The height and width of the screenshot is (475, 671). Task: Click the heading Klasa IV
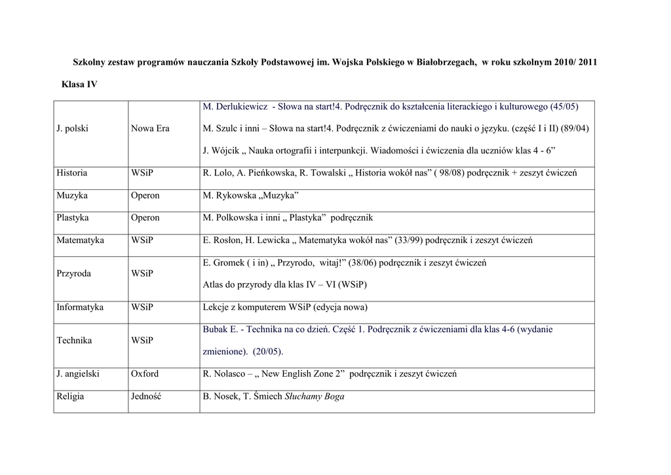[x=79, y=85]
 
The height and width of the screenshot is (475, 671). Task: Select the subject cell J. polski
[x=72, y=128]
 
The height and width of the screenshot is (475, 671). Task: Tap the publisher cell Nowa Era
[x=150, y=128]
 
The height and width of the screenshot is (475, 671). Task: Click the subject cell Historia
[x=71, y=173]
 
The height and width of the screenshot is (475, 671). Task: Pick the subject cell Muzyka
[x=72, y=195]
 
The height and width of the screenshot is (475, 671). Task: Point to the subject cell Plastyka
[x=73, y=218]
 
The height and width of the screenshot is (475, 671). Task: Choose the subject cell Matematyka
[x=80, y=240]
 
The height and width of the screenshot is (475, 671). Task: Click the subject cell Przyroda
[x=73, y=273]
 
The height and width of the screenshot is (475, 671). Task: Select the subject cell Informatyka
[x=80, y=307]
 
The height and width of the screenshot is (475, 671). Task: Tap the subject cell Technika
[x=74, y=340]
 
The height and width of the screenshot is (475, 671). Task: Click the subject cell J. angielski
[x=78, y=374]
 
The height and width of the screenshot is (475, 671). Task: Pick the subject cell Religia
[x=70, y=396]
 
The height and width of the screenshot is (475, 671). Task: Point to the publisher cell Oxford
[x=145, y=374]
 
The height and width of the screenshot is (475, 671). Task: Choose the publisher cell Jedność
[x=146, y=396]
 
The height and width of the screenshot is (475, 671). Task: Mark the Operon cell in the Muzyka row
[x=145, y=195]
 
